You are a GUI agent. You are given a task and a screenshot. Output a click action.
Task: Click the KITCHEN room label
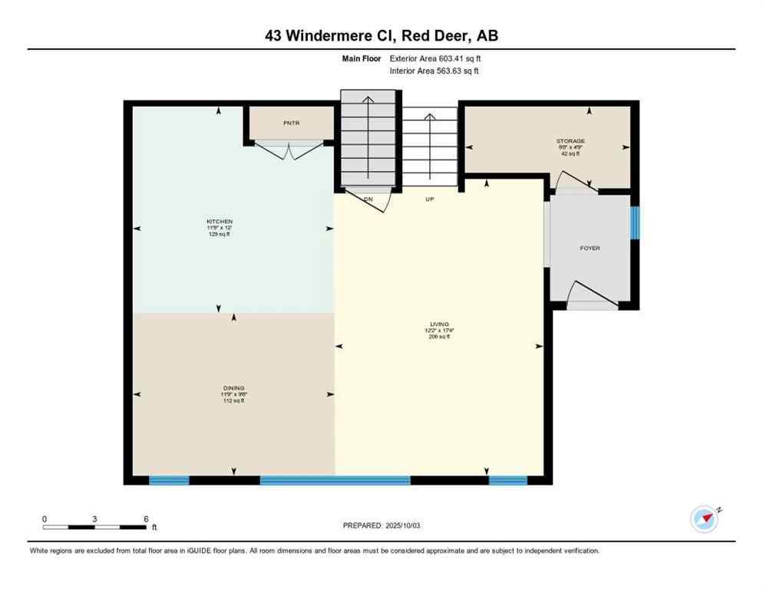(219, 222)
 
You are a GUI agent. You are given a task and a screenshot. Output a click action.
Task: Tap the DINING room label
(233, 388)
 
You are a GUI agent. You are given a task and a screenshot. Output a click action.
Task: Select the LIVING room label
(439, 324)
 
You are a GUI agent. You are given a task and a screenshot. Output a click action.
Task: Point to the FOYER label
(590, 248)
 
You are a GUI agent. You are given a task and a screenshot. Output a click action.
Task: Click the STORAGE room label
(570, 141)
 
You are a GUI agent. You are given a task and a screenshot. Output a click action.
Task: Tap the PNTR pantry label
(290, 122)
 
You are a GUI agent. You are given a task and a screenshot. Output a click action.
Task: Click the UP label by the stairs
(431, 199)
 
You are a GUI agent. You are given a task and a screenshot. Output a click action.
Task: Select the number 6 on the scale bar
(146, 518)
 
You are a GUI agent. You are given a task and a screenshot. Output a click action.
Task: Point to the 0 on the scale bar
(45, 518)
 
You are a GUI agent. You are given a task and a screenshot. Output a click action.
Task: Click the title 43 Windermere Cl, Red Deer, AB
(381, 35)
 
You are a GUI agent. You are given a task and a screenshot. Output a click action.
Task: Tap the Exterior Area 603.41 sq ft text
(435, 58)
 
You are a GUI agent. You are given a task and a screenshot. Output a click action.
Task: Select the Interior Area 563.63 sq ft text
(435, 71)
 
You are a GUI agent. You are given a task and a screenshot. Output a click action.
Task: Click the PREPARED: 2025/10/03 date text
(381, 525)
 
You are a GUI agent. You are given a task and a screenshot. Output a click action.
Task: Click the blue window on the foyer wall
(635, 222)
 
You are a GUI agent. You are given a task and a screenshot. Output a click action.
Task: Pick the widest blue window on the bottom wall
(335, 480)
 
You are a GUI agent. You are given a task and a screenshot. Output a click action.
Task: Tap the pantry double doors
(289, 150)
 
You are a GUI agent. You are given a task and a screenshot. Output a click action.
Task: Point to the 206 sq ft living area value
(439, 337)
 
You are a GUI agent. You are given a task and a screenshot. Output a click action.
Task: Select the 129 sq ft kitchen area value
(219, 234)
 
